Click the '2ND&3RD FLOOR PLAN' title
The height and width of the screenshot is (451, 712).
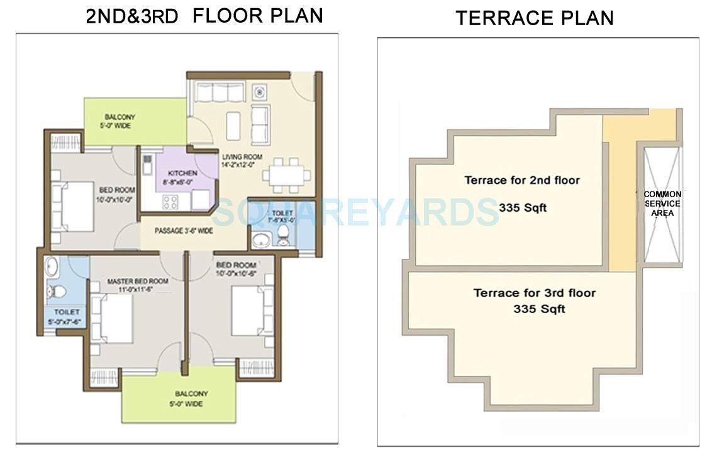pos(204,16)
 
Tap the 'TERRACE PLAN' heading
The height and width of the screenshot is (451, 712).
pos(534,18)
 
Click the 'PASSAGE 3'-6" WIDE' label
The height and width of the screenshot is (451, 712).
pos(184,231)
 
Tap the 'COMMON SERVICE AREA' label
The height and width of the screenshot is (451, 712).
pos(662,204)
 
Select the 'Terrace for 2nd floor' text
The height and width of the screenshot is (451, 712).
pos(521,181)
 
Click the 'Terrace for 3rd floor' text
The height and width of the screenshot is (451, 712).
pos(534,294)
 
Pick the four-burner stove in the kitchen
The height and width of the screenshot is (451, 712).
pos(170,202)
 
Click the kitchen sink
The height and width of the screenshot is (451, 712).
pos(147,164)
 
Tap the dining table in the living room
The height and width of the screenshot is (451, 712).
pos(286,174)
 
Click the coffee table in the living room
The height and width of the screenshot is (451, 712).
pos(233,125)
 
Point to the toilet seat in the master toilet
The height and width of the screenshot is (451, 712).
pos(57,291)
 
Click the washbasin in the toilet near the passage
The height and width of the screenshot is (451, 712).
pos(260,240)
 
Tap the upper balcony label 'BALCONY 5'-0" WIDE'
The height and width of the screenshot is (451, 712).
pos(120,122)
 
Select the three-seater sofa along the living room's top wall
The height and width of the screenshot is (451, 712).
pos(219,93)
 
